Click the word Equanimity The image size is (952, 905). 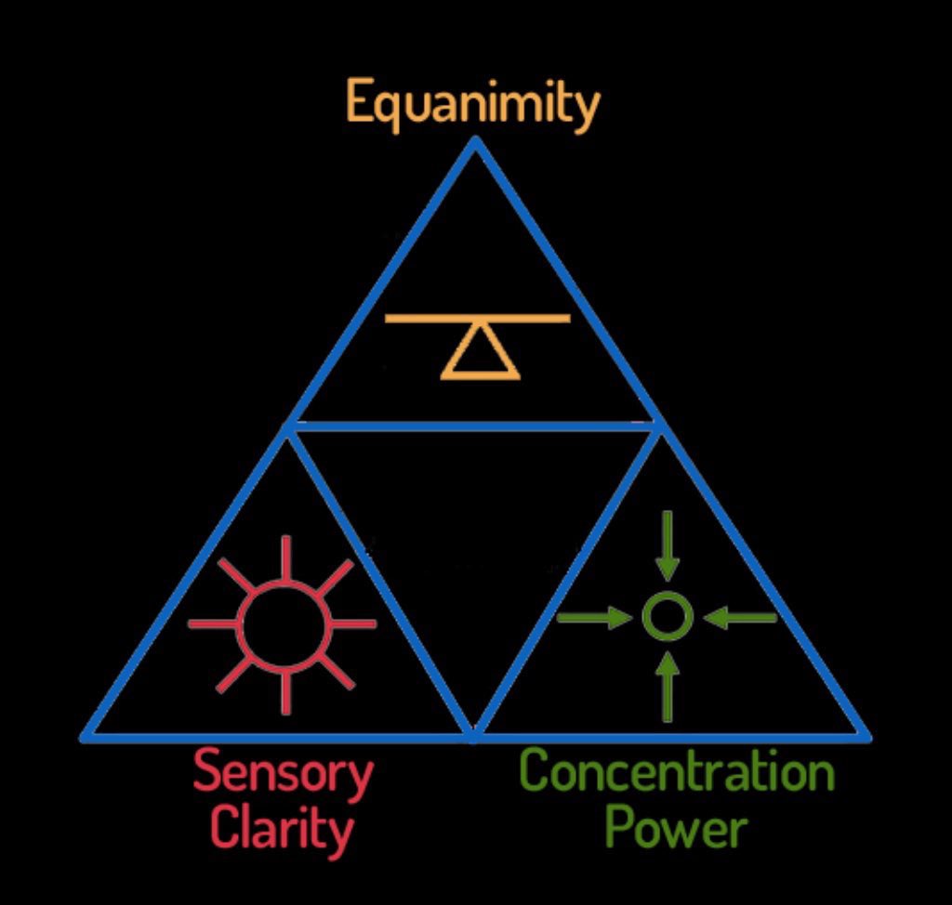click(473, 104)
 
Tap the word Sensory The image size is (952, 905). click(284, 773)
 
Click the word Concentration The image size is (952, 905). click(677, 771)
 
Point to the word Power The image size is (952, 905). click(676, 825)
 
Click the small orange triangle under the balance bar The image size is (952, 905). click(480, 354)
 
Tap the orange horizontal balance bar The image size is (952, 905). click(477, 319)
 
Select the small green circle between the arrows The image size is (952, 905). click(668, 616)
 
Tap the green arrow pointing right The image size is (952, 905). click(596, 617)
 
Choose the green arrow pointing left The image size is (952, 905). click(740, 617)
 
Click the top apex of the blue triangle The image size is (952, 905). click(475, 141)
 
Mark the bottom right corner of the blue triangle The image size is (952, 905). click(866, 737)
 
